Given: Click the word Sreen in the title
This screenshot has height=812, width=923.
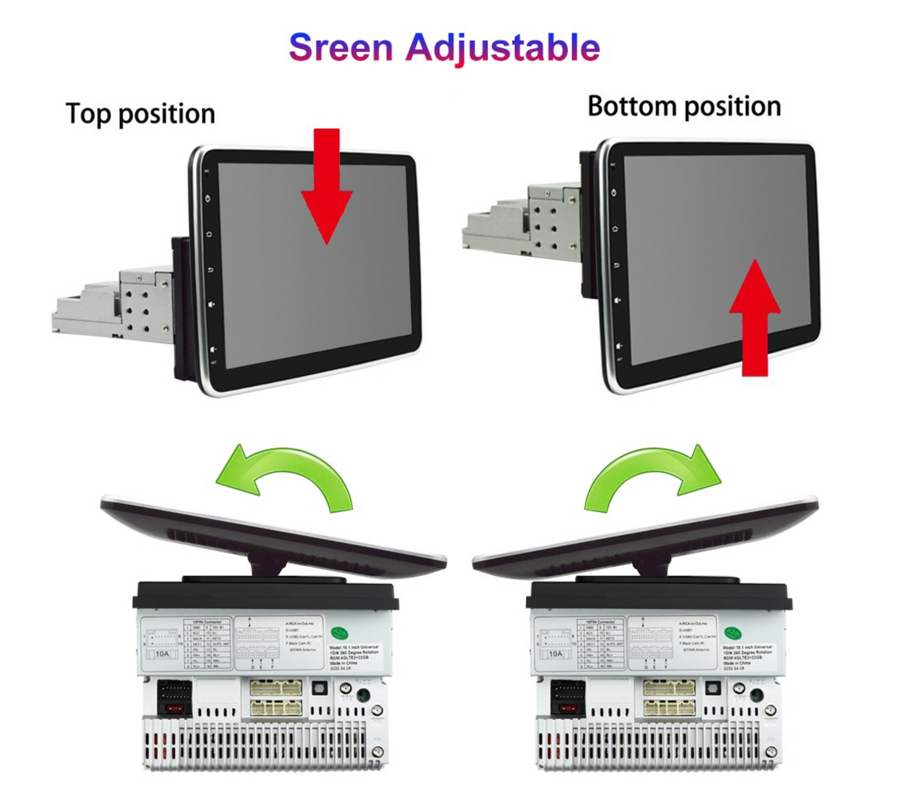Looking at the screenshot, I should pos(340,48).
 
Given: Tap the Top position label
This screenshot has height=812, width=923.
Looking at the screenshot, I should pos(141,114).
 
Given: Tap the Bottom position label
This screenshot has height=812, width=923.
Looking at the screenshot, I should pos(684,106).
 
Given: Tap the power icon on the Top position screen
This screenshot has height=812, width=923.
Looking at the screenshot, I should pos(208,199).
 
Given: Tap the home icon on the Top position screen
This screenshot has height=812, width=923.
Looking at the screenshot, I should pos(210,234).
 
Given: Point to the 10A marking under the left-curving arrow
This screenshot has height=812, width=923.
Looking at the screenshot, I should pos(162,654).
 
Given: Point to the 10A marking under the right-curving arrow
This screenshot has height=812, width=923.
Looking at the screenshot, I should pos(556,654).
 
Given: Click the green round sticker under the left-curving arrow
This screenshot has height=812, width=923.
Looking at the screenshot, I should pos(340,634).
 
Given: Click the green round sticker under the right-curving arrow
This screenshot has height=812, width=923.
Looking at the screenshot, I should pos(733,634).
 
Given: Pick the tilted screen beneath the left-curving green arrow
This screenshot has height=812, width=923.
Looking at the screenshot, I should pos(275,533).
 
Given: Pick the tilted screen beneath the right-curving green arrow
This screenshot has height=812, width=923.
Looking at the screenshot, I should pos(645,533).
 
